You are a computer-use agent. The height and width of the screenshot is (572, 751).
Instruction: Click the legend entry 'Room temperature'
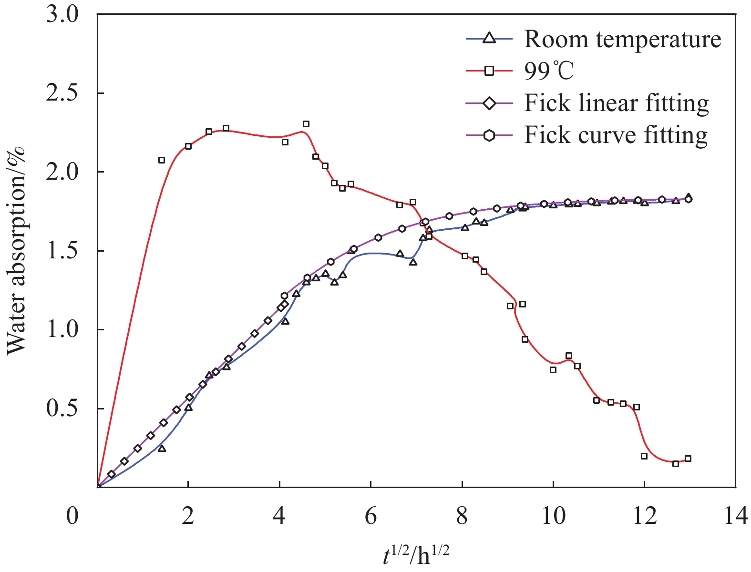pos(622,39)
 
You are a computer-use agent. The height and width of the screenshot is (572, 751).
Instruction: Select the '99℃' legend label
pos(549,71)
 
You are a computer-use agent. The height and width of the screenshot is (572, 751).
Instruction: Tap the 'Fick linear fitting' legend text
pos(617,103)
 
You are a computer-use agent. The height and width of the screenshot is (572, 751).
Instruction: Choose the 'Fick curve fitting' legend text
pos(616,135)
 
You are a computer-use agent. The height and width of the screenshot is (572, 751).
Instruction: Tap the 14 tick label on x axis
pos(735,516)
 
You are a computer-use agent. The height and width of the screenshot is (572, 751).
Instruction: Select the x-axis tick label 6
pos(370,516)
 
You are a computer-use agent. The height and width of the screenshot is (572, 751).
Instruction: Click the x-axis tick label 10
pos(553,516)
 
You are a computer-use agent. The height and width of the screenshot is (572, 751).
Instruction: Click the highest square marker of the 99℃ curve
pos(306,124)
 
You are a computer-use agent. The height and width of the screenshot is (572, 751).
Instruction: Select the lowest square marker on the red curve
pos(676,463)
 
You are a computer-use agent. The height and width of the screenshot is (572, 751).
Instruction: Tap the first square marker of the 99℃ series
pos(162,160)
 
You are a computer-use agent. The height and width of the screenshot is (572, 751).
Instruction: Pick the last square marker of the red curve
pos(688,459)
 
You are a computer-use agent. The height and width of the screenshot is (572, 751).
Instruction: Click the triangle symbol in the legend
pos(489,39)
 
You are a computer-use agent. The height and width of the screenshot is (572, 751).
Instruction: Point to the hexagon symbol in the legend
pos(489,135)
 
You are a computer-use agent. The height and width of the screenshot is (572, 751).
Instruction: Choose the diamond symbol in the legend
pos(489,103)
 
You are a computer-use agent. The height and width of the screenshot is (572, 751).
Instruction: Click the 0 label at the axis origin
pos(72,516)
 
